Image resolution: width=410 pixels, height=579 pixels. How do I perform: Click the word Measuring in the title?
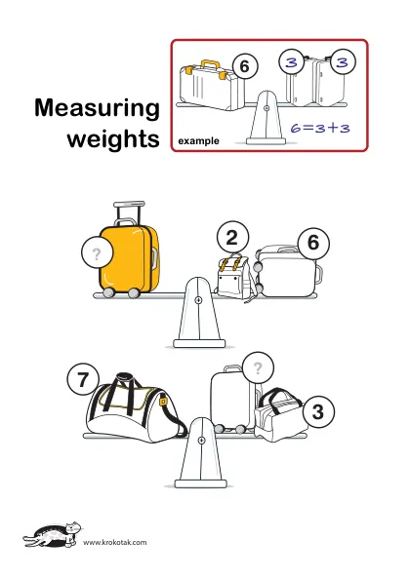[97, 108]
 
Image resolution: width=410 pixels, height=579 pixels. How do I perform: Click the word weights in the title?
[113, 139]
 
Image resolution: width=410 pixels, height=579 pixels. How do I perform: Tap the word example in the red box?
[198, 141]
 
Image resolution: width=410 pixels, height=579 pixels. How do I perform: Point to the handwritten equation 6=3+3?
[320, 128]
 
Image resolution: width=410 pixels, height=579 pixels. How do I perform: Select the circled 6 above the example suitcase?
[245, 66]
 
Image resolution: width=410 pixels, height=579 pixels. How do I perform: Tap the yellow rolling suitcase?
[130, 260]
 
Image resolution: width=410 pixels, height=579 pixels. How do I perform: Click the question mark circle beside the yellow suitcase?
[97, 253]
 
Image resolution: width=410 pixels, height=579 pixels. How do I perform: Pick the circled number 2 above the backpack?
[232, 237]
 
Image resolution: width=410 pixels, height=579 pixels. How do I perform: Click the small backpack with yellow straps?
[234, 277]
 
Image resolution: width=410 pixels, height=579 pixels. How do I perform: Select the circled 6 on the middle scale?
[313, 243]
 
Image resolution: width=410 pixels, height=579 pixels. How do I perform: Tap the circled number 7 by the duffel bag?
[83, 379]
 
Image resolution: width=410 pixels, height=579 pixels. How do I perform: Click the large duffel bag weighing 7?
[136, 408]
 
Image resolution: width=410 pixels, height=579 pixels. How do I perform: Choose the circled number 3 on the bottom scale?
[318, 411]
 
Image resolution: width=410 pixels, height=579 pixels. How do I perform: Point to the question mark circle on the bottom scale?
[258, 367]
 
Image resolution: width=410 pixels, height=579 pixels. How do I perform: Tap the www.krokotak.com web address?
[114, 542]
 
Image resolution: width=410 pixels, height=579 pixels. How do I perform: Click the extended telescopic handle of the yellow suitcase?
[129, 212]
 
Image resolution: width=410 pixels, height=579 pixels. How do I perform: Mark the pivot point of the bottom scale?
[201, 441]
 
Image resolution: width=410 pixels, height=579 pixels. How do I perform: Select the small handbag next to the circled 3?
[279, 415]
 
